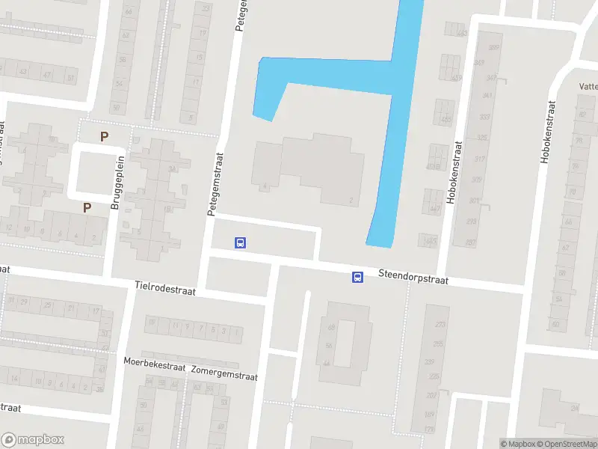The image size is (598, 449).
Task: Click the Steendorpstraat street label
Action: [x=413, y=278]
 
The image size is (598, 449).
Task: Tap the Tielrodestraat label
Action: [x=165, y=287]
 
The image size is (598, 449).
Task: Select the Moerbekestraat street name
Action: [x=154, y=361]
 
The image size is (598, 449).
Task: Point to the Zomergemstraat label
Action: [x=224, y=373]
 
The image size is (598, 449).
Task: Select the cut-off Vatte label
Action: [x=587, y=86]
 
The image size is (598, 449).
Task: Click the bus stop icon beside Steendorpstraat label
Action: [x=358, y=278]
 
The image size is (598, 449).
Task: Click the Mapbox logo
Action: [x=32, y=439]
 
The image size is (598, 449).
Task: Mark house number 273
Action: [x=440, y=324]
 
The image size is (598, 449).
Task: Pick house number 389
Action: [x=493, y=47]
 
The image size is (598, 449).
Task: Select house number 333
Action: [x=485, y=117]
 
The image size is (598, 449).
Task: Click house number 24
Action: [x=575, y=408]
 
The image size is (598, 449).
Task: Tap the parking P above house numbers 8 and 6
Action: [x=87, y=207]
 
